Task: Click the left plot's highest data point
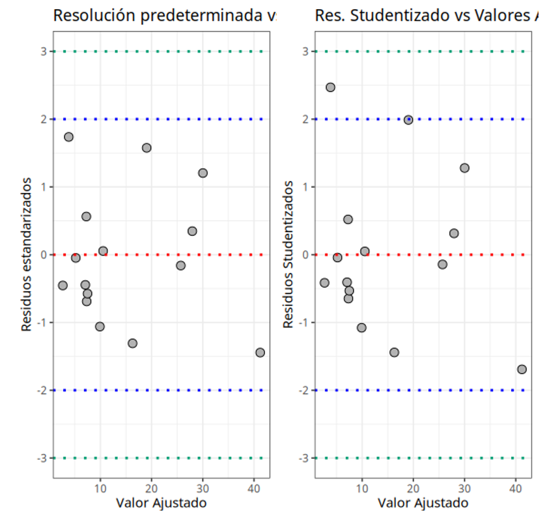coord(68,137)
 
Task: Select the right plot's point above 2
coord(330,87)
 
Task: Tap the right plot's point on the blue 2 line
coord(408,120)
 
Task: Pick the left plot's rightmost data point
coord(260,353)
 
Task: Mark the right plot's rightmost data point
coord(522,370)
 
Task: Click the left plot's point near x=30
coord(203,173)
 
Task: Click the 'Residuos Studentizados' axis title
coord(288,255)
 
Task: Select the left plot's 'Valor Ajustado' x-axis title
coord(161,503)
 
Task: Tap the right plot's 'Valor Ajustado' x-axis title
coord(423,503)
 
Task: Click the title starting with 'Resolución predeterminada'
coord(163,16)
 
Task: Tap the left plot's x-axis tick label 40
coord(254,488)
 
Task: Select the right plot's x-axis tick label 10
coord(362,488)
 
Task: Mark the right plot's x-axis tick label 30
coord(464,488)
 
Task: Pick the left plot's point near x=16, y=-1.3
coord(132,344)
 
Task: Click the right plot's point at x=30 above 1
coord(464,168)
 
